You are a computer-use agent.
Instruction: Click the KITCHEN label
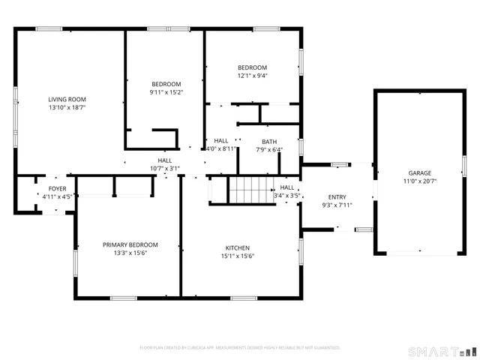(x=238, y=247)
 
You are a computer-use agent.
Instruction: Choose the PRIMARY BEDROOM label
(x=130, y=244)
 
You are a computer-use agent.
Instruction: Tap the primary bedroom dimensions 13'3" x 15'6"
(x=130, y=253)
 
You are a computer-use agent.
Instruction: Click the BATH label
(x=269, y=141)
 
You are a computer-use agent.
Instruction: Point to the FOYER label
(x=57, y=188)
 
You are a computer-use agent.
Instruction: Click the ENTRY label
(x=337, y=196)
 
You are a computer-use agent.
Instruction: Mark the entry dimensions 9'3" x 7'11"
(x=337, y=205)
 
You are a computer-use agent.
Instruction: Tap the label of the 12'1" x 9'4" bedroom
(x=252, y=67)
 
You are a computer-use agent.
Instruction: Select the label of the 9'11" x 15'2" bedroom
(x=166, y=84)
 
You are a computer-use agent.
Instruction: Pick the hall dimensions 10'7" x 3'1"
(x=165, y=168)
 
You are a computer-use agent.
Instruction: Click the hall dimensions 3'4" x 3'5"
(x=287, y=196)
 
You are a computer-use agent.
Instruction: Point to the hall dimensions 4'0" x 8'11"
(x=221, y=148)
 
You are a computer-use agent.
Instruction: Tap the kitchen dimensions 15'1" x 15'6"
(x=238, y=256)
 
